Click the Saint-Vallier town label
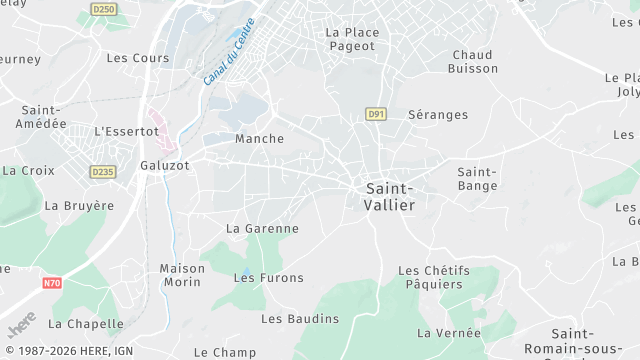tap(390, 196)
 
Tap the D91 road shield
tap(375, 114)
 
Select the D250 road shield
tap(103, 8)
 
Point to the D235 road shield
tap(102, 172)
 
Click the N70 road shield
tap(52, 283)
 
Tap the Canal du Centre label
tap(229, 52)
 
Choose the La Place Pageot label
tap(352, 39)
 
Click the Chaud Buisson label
tap(474, 61)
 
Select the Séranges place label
tap(438, 115)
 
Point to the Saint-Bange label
tap(477, 179)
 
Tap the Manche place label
tap(259, 139)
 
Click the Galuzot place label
tap(165, 165)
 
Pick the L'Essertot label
tap(126, 131)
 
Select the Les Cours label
tap(138, 58)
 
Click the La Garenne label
tap(262, 228)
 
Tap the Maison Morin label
tap(182, 275)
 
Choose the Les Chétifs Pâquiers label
tap(434, 278)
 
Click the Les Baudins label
tap(300, 319)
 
